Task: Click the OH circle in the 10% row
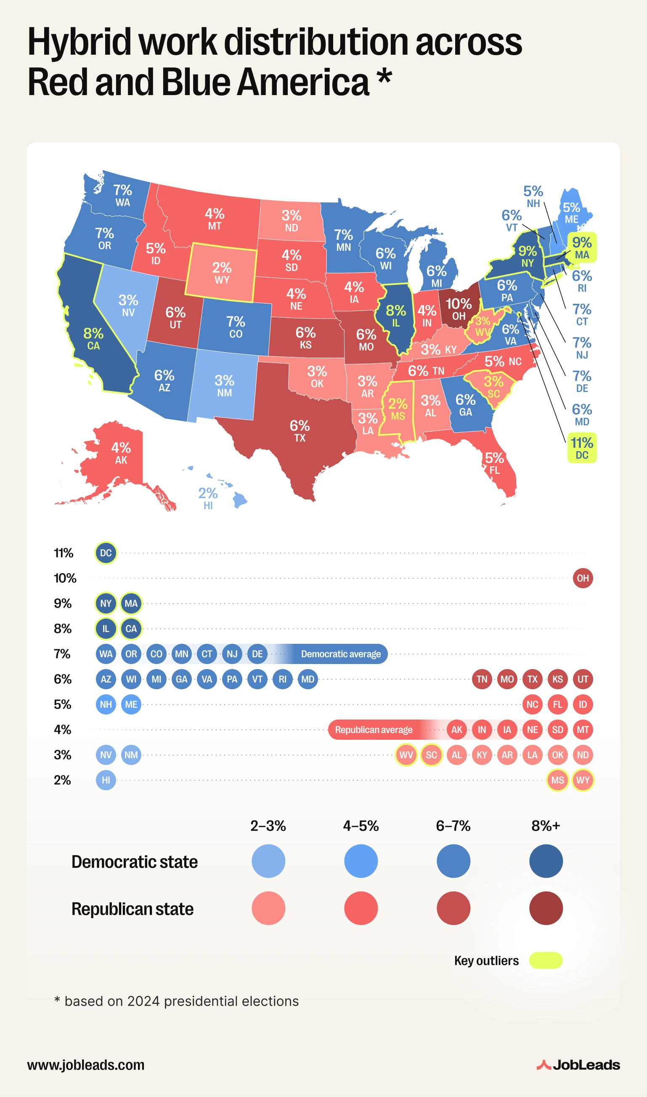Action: click(583, 578)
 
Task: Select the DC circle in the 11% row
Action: click(106, 553)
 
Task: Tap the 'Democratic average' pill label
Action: click(340, 654)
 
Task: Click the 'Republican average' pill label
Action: click(374, 730)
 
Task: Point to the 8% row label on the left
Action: click(63, 629)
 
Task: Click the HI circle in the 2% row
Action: click(106, 780)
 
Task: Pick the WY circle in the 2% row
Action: click(583, 780)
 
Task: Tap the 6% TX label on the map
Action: click(300, 431)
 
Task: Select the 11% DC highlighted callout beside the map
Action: click(582, 448)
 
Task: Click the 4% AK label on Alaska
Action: click(121, 453)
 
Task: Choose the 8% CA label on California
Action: click(93, 339)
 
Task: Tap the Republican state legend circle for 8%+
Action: click(546, 908)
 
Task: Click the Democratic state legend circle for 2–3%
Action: click(268, 861)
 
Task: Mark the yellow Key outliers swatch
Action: click(546, 961)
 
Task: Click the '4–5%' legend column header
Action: click(361, 826)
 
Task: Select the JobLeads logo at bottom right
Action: click(578, 1065)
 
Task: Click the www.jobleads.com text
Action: click(86, 1065)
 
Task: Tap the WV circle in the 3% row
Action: click(406, 755)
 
